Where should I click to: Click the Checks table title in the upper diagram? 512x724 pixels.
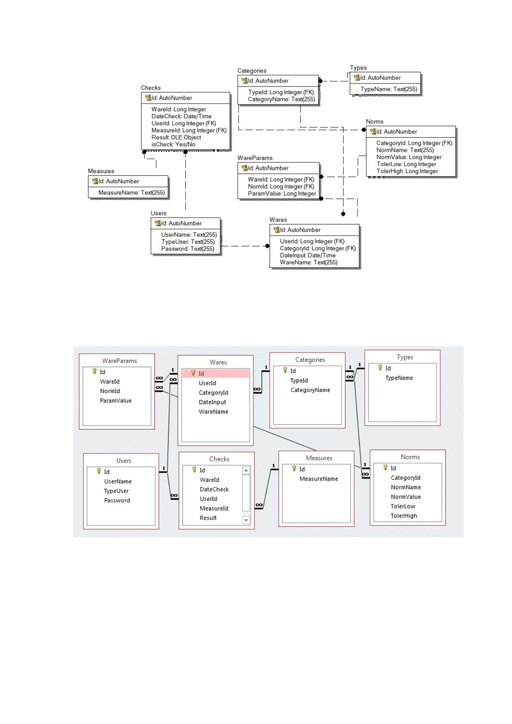(x=151, y=88)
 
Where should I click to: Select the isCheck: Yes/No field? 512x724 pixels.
(x=173, y=144)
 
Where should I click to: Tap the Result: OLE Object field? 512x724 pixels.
(x=176, y=138)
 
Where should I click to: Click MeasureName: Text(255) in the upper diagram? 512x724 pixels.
(x=132, y=193)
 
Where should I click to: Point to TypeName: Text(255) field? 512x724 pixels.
(x=389, y=89)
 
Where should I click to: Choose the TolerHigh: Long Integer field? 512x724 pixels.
(x=407, y=171)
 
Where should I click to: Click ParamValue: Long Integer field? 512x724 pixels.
(x=282, y=193)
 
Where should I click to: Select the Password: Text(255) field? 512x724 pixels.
(x=188, y=249)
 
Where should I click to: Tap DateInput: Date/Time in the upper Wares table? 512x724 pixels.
(x=308, y=255)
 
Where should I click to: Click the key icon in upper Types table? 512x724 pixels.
(x=357, y=77)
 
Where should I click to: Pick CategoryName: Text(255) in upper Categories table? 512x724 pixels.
(x=281, y=99)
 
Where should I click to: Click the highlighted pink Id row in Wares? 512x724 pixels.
(x=216, y=373)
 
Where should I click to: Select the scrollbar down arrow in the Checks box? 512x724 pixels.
(x=246, y=520)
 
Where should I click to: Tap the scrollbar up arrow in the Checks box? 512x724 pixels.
(x=246, y=470)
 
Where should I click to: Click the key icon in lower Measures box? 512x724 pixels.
(x=294, y=468)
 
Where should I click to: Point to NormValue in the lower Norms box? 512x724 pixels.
(x=406, y=497)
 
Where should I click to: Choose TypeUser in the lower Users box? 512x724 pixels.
(x=116, y=491)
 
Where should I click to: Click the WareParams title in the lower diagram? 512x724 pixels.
(x=119, y=361)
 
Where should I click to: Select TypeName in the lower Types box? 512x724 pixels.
(x=399, y=378)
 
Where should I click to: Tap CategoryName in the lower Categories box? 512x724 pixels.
(x=310, y=390)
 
